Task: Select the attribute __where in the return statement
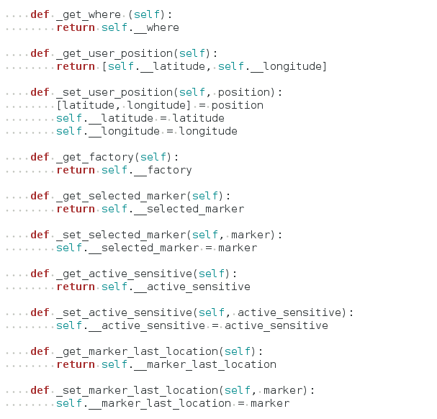tap(153, 27)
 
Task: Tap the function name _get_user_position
tap(114, 53)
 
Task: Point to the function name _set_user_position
tap(114, 92)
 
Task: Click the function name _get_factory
tap(95, 157)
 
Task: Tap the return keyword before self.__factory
tap(76, 170)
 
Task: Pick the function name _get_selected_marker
tap(121, 196)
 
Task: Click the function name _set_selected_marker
tap(121, 235)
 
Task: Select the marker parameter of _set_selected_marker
tap(257, 235)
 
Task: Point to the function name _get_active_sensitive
tap(125, 274)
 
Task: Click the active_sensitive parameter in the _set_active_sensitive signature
tap(289, 312)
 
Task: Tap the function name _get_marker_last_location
tap(138, 351)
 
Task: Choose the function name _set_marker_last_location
tap(138, 390)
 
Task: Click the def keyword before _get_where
tap(40, 14)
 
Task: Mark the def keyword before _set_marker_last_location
tap(40, 390)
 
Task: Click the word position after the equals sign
tap(237, 105)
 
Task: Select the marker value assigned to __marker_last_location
tap(270, 403)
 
